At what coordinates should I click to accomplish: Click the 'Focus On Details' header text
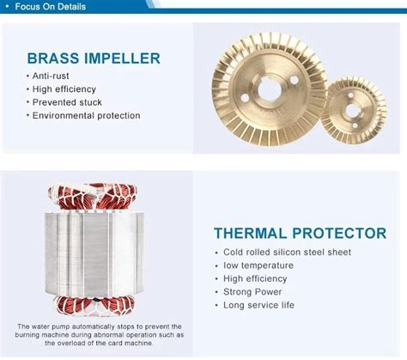point(51,7)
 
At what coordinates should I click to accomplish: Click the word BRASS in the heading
point(53,58)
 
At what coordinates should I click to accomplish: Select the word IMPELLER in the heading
point(122,58)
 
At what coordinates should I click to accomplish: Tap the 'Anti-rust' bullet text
point(51,76)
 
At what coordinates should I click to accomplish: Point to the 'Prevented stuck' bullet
point(67,102)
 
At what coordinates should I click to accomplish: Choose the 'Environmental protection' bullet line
point(86,115)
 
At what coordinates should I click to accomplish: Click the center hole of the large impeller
point(270,90)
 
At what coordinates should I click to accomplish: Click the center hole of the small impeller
point(352,110)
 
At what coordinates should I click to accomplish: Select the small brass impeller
point(354,111)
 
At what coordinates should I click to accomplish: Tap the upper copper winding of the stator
point(92,198)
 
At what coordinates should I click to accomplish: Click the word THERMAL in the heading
point(251,233)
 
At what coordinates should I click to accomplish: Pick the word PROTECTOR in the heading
point(339,233)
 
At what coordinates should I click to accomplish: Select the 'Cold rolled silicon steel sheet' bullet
point(287,252)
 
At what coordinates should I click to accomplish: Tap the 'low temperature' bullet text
point(258,265)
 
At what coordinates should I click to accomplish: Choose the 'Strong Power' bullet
point(252,292)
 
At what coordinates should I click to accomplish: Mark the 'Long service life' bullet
point(258,305)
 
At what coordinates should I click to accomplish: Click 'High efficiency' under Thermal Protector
point(255,278)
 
